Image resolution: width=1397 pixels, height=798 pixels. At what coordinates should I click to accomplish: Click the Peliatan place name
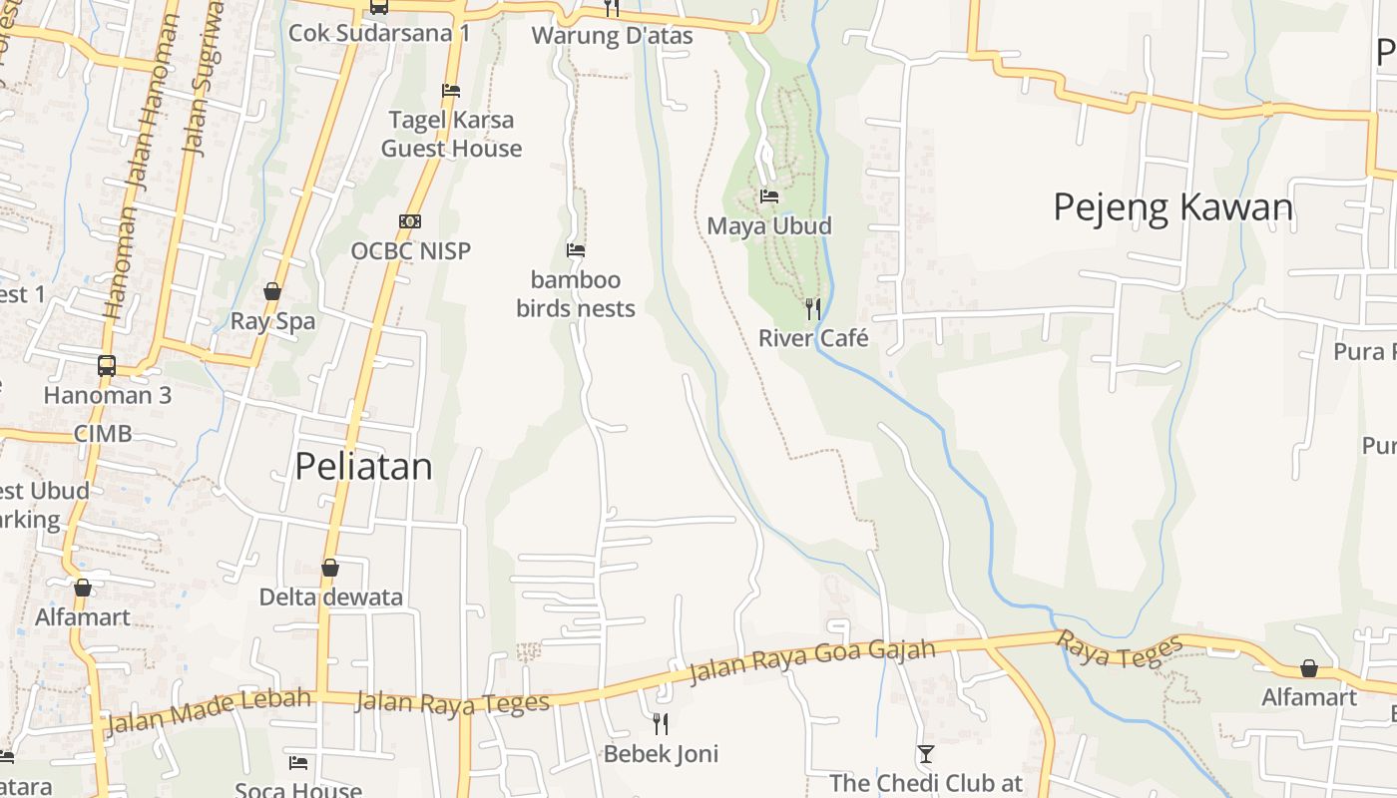click(x=364, y=466)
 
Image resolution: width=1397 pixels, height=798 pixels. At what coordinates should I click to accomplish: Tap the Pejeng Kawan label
click(x=1172, y=206)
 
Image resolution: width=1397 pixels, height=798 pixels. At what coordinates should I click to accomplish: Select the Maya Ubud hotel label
click(x=768, y=225)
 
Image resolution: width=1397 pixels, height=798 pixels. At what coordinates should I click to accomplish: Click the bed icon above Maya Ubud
click(x=768, y=196)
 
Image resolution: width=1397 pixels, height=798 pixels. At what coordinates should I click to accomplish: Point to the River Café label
click(x=813, y=338)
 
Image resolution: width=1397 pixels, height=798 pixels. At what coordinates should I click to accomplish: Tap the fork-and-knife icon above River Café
click(x=813, y=308)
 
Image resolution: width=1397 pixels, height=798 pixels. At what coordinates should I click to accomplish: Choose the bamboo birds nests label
click(x=576, y=294)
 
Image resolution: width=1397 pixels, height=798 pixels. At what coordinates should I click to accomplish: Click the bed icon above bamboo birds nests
click(x=576, y=249)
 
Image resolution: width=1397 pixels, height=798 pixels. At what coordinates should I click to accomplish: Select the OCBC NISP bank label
click(x=410, y=250)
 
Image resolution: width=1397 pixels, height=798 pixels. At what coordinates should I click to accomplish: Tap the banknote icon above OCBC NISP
click(x=410, y=220)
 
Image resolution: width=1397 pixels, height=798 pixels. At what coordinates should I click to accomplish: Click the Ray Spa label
click(x=272, y=321)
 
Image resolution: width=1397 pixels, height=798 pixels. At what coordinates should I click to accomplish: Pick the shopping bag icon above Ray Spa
click(x=271, y=291)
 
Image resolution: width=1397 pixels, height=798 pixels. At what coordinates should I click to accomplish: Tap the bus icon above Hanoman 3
click(x=107, y=365)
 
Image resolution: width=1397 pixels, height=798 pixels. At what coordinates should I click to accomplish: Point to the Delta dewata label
click(x=331, y=597)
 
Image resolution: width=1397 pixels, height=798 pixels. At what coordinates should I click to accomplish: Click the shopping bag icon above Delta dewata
click(x=330, y=568)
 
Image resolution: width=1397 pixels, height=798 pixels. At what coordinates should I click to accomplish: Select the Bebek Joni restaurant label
click(x=661, y=753)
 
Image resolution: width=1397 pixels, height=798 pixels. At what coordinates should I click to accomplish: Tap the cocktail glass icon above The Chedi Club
click(x=926, y=754)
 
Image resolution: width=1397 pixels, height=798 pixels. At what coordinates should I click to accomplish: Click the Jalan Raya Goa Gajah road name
click(x=812, y=662)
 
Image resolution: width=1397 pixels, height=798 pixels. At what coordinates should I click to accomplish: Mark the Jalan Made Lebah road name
click(x=208, y=709)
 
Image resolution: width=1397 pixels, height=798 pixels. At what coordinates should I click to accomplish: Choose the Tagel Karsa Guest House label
click(x=451, y=134)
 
